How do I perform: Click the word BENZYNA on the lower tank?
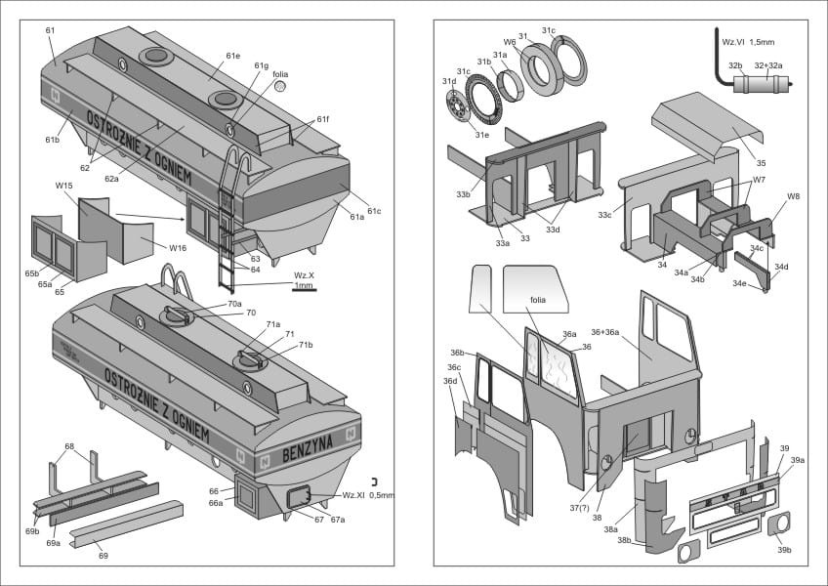[x=308, y=452]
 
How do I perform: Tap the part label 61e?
[x=231, y=56]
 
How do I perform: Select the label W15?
[x=64, y=186]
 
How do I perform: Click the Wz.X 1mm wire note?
[x=304, y=279]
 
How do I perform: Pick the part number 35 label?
[x=761, y=163]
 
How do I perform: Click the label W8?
[x=793, y=196]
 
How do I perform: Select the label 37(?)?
[x=580, y=507]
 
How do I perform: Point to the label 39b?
[x=783, y=550]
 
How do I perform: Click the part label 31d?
[x=448, y=81]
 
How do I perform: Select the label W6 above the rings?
[x=509, y=42]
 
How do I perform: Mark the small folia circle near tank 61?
[x=280, y=86]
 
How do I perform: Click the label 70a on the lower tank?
[x=233, y=304]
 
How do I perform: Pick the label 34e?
[x=739, y=283]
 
